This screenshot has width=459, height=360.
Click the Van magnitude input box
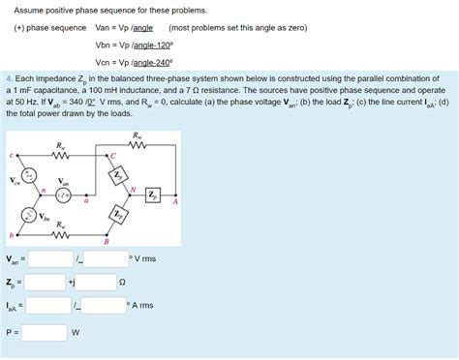click(50, 258)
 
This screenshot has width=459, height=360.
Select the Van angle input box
click(106, 258)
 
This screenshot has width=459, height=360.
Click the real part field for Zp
click(46, 283)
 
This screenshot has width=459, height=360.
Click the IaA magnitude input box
click(50, 307)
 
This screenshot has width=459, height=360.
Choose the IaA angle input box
click(106, 307)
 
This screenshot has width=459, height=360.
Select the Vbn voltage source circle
click(30, 215)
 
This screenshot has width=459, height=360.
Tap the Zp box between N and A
click(153, 195)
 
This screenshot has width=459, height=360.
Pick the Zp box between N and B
click(117, 214)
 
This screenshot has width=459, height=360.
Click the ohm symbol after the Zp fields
click(122, 283)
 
